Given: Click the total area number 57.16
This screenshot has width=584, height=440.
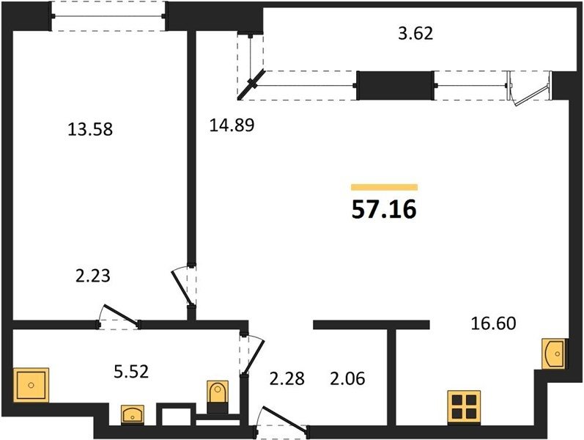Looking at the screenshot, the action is (384, 210).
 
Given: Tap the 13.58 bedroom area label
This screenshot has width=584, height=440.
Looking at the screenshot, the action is (90, 129).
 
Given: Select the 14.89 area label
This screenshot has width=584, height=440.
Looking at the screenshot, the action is (232, 125).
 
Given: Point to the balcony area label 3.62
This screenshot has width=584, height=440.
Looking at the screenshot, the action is (415, 33).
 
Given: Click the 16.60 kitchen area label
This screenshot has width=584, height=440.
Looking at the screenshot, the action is (493, 323).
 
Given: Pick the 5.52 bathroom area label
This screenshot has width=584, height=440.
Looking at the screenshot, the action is (131, 371).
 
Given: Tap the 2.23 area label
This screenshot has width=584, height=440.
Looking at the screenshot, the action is (93, 276).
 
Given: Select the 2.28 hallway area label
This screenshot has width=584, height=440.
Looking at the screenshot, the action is (287, 378).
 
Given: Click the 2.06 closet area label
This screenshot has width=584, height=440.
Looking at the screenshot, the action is (347, 378).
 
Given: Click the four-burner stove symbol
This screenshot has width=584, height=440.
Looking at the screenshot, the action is (464, 407).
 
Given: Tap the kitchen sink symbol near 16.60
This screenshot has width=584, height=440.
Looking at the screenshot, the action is (553, 353).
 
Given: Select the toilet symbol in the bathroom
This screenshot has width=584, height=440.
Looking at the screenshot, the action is (218, 397).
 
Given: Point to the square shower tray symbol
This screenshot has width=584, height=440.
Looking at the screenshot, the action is (31, 385).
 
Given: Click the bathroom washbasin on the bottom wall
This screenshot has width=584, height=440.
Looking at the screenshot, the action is (133, 414).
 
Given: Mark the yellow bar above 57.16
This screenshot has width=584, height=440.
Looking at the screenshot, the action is (384, 187).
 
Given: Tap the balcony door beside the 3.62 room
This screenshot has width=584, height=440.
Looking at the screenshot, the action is (530, 88).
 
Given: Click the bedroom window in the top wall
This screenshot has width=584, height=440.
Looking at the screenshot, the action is (108, 16).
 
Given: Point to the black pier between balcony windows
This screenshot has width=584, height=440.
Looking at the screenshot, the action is (395, 85).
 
